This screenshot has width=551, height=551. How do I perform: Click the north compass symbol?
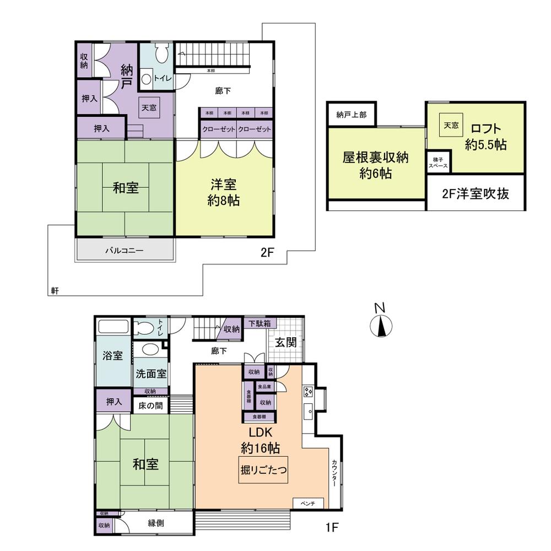(x=380, y=325)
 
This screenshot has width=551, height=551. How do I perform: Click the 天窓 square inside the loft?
(x=451, y=125)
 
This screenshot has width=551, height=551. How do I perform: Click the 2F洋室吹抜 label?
(x=476, y=193)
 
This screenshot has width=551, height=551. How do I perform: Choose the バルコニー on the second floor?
(x=125, y=250)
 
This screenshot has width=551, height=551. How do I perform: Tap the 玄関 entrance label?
(x=287, y=342)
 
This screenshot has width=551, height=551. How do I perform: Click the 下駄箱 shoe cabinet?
(x=259, y=323)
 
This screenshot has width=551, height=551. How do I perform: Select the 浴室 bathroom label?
(x=113, y=356)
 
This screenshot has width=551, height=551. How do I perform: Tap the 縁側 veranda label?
(x=155, y=523)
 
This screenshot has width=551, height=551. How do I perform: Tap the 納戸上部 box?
(x=351, y=115)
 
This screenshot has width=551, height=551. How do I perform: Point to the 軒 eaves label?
(x=55, y=290)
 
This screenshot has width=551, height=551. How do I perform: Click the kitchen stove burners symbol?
(x=307, y=392)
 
